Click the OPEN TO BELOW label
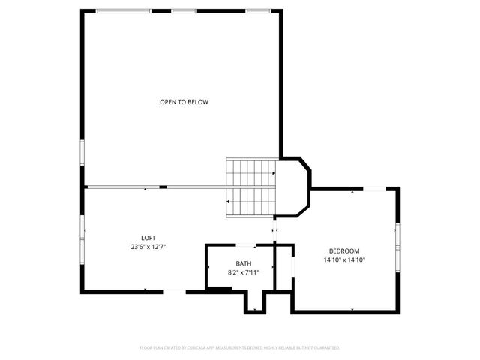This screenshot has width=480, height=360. point(184,102)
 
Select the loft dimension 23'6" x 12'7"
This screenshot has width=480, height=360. point(148,246)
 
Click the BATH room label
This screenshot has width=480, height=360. point(244,263)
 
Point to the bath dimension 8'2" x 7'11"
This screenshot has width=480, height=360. point(244,272)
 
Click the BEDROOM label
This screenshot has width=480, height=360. point(344,250)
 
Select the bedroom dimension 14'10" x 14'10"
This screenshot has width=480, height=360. point(344,259)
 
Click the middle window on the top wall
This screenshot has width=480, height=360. point(184,10)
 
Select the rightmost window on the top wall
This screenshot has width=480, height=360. point(257,10)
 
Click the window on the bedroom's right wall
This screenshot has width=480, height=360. point(398,236)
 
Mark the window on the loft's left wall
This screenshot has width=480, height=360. point(82,228)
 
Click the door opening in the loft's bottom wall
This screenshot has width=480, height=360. point(172,290)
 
